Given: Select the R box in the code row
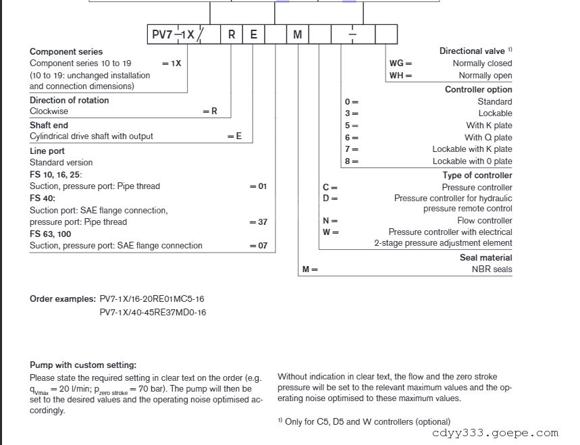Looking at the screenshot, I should (231, 34).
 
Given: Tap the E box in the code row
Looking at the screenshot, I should (253, 34).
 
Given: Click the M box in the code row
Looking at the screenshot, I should (298, 34).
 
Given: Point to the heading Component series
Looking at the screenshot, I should (66, 51).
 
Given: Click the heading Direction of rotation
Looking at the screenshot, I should (69, 100).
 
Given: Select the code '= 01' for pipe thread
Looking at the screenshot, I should (259, 186).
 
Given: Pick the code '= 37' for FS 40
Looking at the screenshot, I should (259, 222).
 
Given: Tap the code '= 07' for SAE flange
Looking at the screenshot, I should (259, 246).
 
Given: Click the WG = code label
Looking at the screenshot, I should (400, 63).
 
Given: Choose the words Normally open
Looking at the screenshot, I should (485, 76).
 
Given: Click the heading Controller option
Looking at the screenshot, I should (478, 89).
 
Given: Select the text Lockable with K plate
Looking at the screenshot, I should (472, 149).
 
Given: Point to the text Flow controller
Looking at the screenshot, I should (485, 221).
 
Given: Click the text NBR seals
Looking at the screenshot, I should (492, 269).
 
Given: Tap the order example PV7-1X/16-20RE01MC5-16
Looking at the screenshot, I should (152, 298).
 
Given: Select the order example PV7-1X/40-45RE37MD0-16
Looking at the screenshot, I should (153, 312).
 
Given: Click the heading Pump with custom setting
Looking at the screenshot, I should (83, 365).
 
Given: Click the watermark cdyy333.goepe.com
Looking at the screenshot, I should (495, 434).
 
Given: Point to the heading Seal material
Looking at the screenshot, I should (485, 257).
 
